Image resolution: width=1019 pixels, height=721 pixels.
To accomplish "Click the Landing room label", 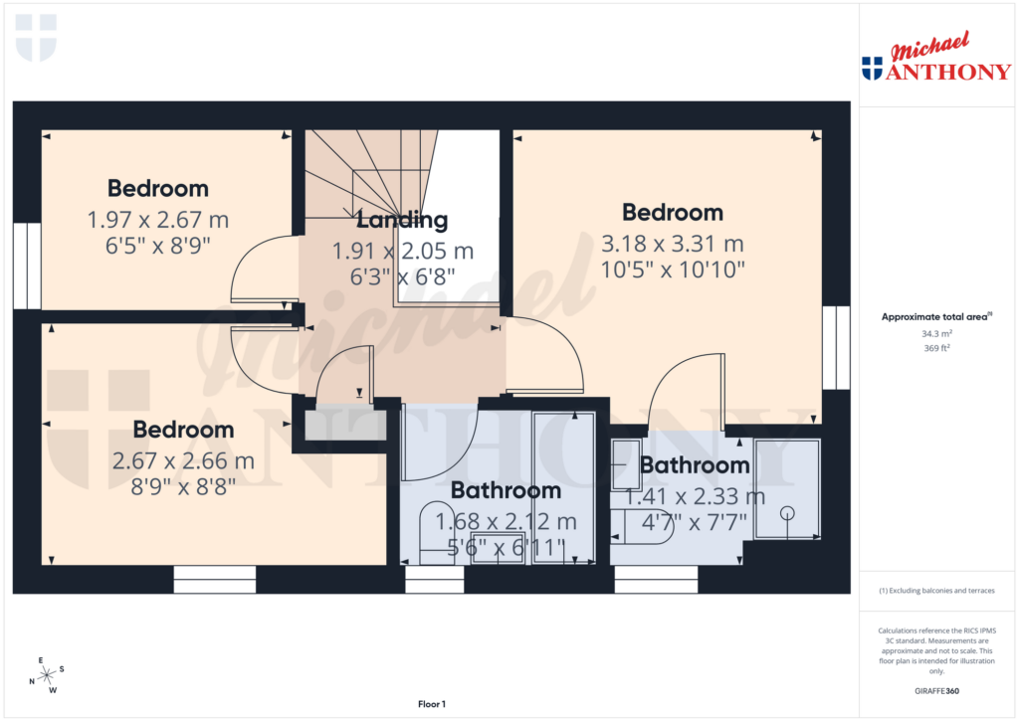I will [x=402, y=220].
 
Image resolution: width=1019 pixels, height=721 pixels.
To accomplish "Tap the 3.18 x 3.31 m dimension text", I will [x=673, y=243].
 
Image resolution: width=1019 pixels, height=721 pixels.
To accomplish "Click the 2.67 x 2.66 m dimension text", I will [x=184, y=460].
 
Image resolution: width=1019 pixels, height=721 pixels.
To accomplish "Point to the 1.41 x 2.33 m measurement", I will [x=695, y=495].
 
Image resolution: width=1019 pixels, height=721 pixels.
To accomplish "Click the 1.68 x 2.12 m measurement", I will [x=513, y=520].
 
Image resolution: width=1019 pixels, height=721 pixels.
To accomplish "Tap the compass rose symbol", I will [x=46, y=675].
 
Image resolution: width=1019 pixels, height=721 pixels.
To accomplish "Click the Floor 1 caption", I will [x=431, y=704].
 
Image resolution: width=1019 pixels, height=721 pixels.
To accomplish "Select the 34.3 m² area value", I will [x=935, y=334].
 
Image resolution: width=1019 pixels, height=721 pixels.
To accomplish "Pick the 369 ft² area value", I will [x=935, y=349].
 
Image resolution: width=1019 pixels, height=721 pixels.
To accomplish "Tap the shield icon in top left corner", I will [x=36, y=37].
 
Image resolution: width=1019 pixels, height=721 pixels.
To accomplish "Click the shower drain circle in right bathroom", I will [x=787, y=513].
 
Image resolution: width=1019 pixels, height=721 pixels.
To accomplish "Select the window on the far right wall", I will [x=837, y=347].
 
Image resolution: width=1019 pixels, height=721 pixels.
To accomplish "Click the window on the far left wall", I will [x=27, y=266].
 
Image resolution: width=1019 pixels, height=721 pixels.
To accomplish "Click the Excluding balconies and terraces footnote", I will [x=935, y=591].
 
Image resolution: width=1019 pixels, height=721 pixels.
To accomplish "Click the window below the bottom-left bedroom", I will [x=214, y=580].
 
